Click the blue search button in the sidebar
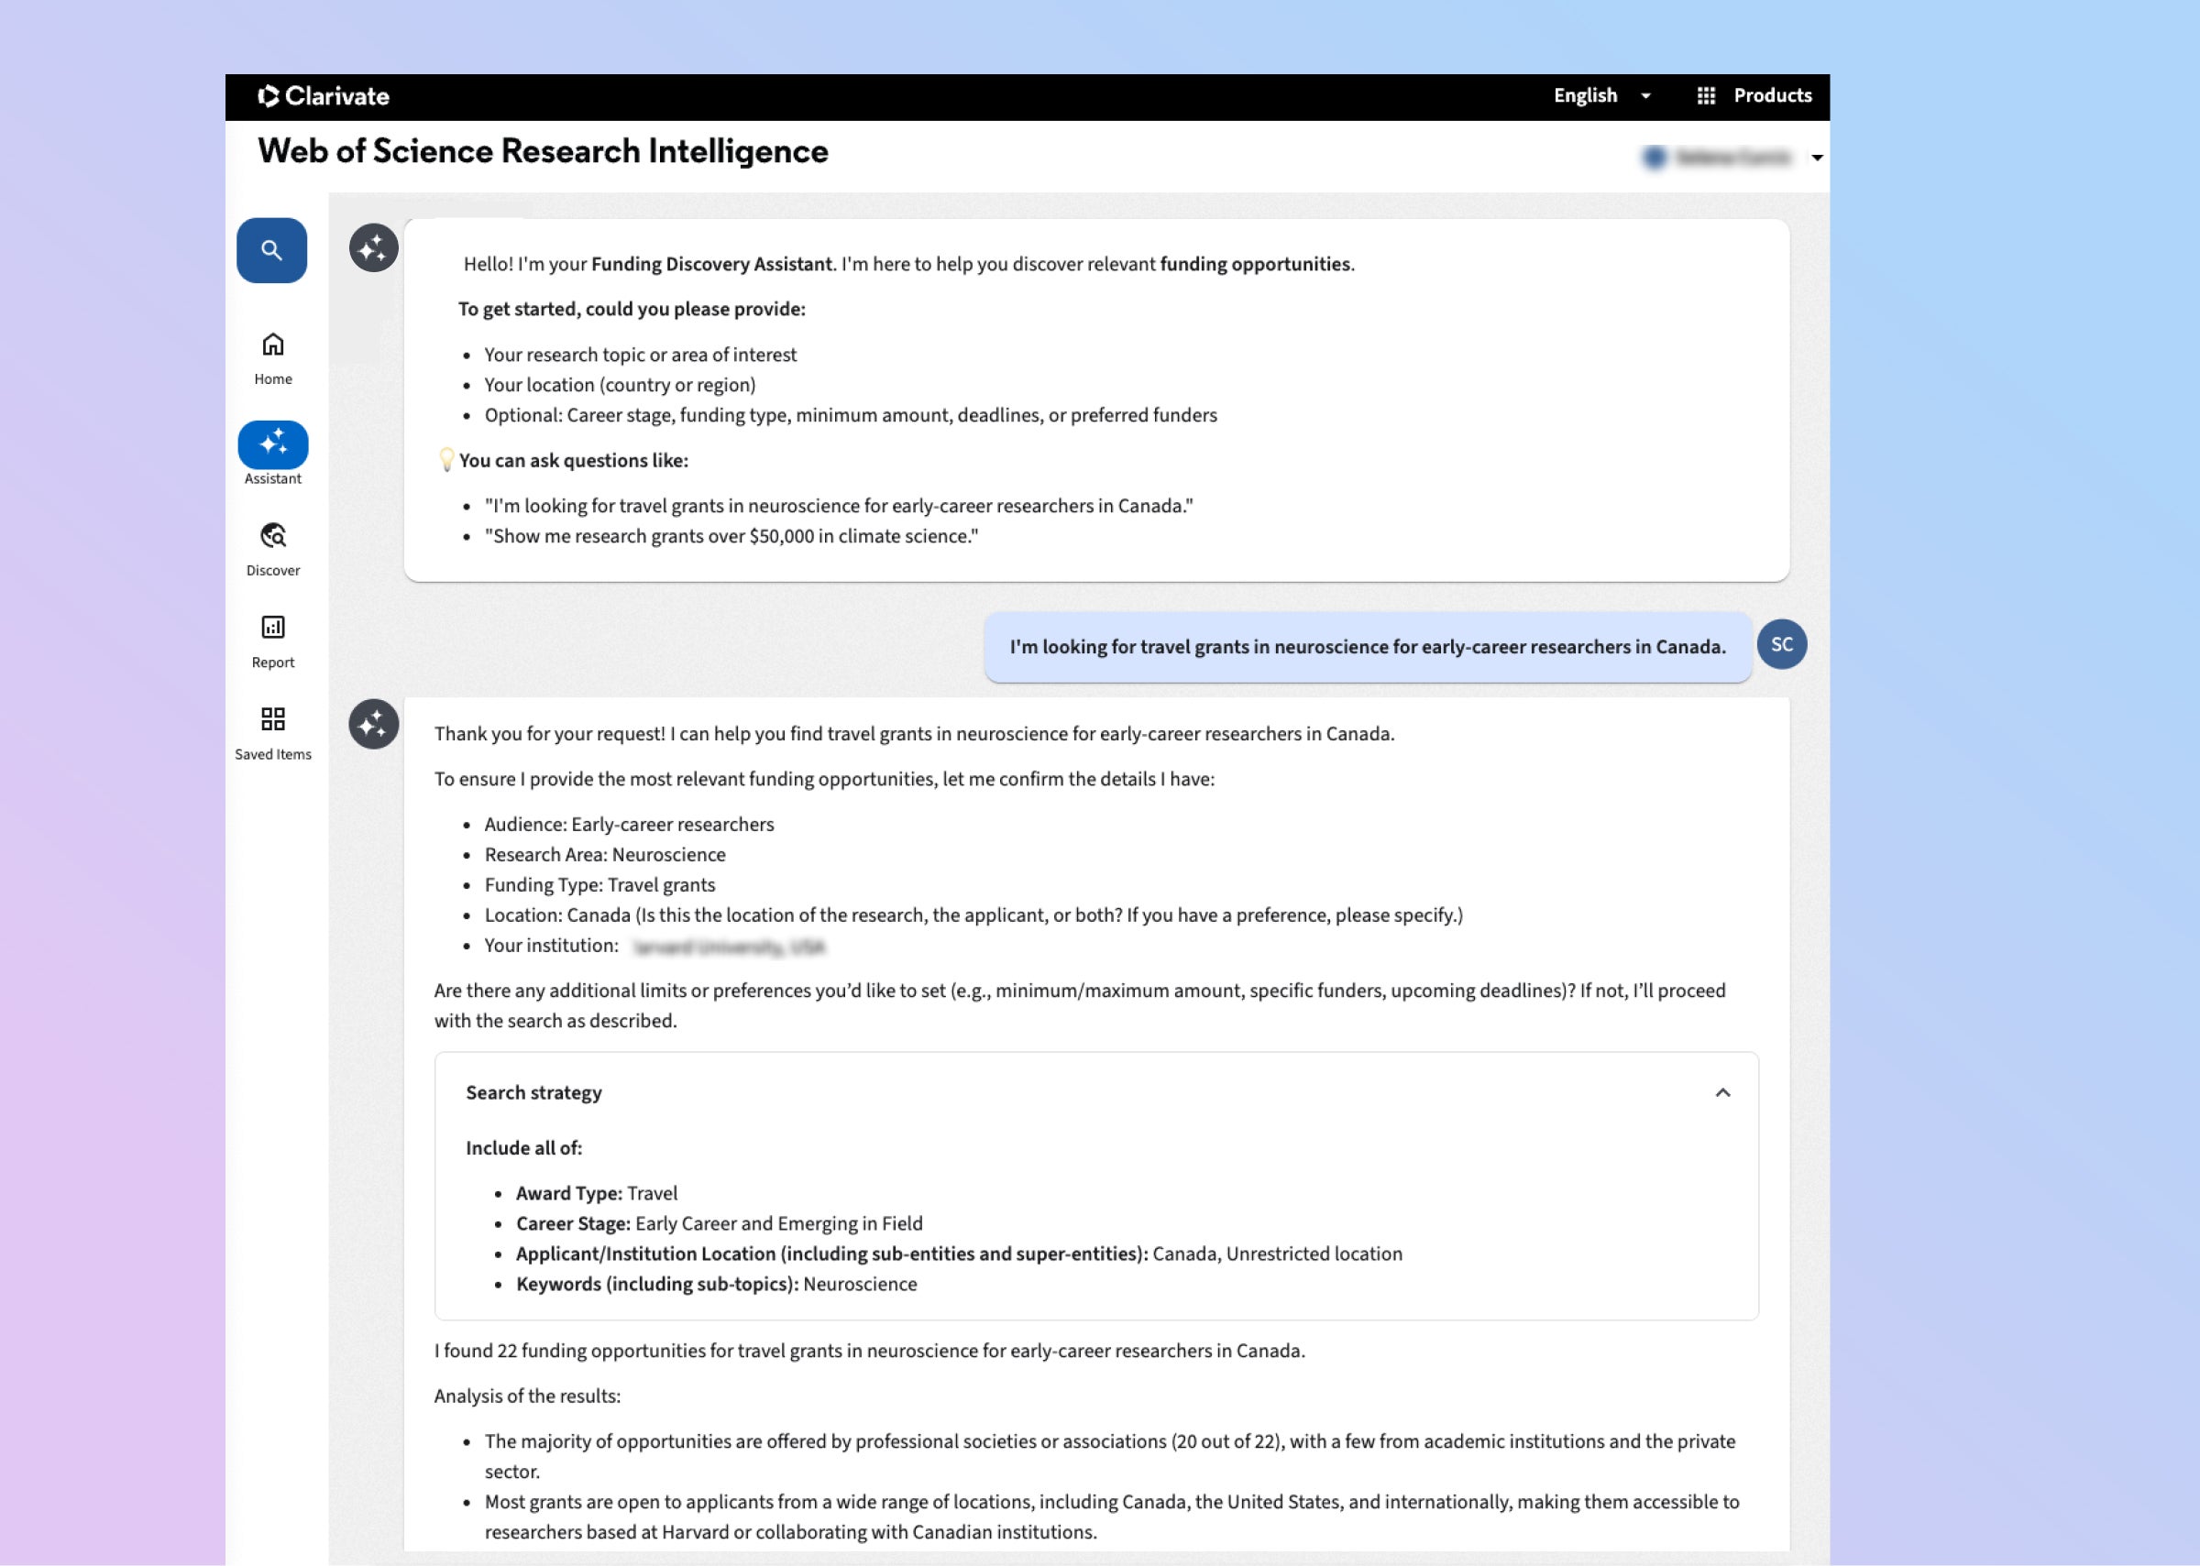point(272,251)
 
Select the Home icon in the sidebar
point(273,345)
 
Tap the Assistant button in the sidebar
point(273,444)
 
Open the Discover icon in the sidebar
point(273,536)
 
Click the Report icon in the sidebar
point(273,628)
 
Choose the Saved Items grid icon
point(273,719)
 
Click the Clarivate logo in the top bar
point(324,96)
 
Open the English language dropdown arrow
point(1645,96)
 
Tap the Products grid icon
point(1706,96)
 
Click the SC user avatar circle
point(1781,644)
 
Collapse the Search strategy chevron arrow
point(1722,1092)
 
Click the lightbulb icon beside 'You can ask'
point(446,460)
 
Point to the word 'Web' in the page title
point(292,151)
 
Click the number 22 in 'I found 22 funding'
point(507,1351)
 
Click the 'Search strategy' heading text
point(533,1092)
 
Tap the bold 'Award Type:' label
point(569,1194)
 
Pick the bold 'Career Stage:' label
point(573,1223)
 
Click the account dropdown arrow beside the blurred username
point(1817,159)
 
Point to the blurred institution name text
point(729,947)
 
